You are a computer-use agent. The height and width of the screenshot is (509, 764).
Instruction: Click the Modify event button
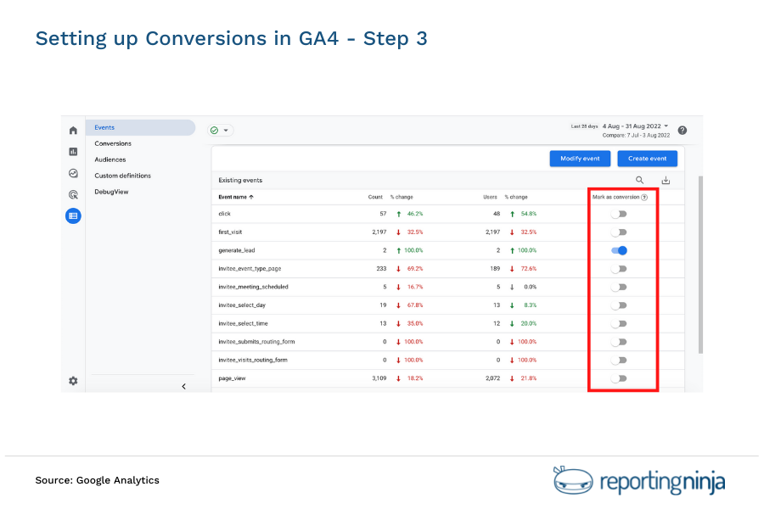click(x=580, y=159)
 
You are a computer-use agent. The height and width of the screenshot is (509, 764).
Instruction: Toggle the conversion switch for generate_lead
click(x=619, y=250)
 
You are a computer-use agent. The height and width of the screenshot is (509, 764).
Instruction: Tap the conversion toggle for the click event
click(x=619, y=214)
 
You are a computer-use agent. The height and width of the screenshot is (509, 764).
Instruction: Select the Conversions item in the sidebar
click(x=113, y=143)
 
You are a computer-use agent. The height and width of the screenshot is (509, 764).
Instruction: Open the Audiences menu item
click(x=110, y=159)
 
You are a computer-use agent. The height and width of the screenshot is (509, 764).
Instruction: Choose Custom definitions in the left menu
click(x=122, y=176)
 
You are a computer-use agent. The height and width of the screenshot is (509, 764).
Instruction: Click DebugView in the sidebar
click(x=111, y=192)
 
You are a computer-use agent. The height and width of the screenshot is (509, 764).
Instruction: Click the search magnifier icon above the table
click(x=640, y=180)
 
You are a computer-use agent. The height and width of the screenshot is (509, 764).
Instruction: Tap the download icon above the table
click(x=666, y=180)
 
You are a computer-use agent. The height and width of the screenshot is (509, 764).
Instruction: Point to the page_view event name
click(x=232, y=378)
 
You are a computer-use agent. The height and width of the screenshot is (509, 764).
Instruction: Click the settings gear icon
click(x=73, y=381)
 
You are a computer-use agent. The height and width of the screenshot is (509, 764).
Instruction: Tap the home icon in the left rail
click(x=73, y=131)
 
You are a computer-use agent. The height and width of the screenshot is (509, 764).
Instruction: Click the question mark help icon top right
click(x=683, y=131)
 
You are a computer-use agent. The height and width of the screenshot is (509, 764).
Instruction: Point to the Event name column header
click(x=237, y=197)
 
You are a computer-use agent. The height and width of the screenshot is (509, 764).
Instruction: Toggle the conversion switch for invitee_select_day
click(x=619, y=305)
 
